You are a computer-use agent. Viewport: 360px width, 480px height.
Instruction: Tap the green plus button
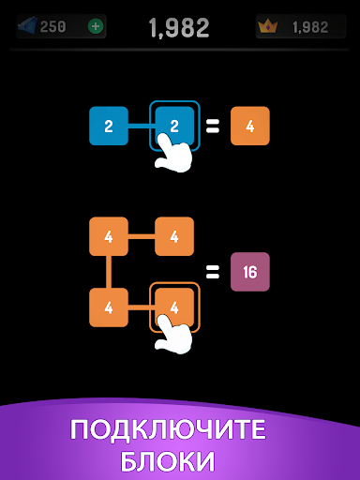coord(96,26)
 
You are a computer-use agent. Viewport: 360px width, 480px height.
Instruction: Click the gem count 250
coord(52,27)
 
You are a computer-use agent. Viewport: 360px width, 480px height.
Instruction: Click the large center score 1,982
coord(179,28)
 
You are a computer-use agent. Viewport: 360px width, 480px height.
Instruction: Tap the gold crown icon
coord(268,26)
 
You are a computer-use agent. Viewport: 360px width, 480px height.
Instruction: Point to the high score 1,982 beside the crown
coord(310,27)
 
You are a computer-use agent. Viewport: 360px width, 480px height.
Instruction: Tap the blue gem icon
coord(28,25)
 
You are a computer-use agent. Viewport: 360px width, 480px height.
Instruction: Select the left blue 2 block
coord(109,126)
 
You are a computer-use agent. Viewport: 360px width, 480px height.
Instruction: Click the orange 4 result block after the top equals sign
coord(250,126)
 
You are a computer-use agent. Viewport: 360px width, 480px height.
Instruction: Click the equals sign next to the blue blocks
coord(213,127)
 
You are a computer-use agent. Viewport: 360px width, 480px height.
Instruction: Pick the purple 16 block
coord(250,272)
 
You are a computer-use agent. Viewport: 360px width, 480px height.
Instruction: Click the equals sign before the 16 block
coord(213,272)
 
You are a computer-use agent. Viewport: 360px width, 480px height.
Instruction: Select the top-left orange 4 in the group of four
coord(109,236)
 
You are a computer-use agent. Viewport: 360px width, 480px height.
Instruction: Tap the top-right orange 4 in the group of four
coord(174,236)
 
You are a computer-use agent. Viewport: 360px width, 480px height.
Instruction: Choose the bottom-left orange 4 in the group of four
coord(109,307)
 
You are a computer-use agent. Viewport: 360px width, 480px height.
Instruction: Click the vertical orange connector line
coord(109,272)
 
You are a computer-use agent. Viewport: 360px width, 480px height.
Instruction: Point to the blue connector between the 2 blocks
coord(142,127)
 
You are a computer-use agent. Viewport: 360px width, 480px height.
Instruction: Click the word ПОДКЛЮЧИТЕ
coord(168,430)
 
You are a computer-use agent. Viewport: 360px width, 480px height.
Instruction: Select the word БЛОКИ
coord(168,461)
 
